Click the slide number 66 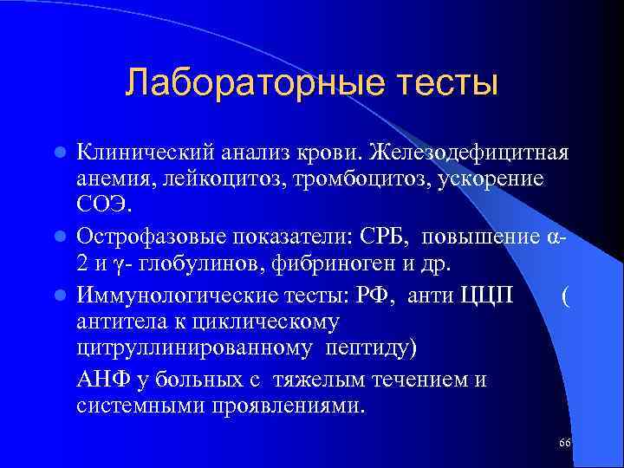coord(565,443)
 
